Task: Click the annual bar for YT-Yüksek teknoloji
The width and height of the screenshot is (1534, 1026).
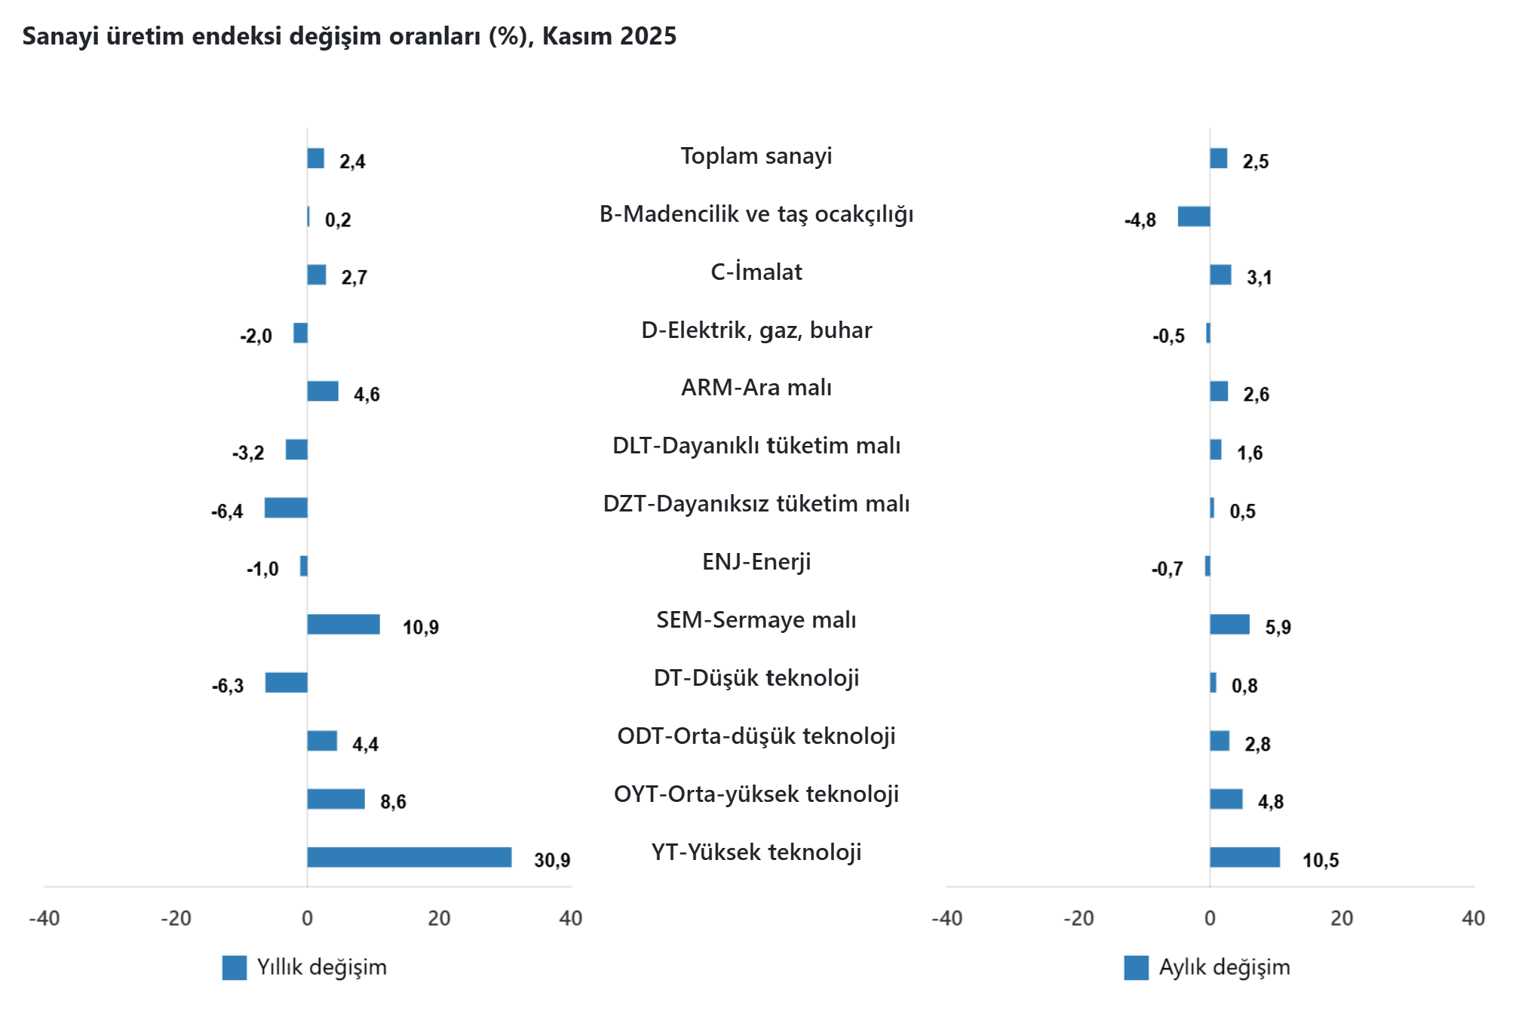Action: [409, 857]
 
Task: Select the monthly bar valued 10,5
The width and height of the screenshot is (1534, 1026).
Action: [1244, 857]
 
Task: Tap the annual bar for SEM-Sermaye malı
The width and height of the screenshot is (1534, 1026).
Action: [343, 625]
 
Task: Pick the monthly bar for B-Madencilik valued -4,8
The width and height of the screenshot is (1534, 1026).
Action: [1194, 217]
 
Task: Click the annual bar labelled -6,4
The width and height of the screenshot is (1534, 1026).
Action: [286, 508]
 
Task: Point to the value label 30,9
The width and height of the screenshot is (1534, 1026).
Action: [552, 860]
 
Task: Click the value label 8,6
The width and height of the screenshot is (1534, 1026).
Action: [393, 801]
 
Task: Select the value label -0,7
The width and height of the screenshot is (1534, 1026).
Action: [1167, 569]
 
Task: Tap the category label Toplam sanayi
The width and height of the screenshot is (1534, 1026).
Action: [756, 156]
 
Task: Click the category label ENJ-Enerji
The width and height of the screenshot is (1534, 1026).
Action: [756, 562]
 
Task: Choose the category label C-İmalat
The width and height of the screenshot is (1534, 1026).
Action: [756, 272]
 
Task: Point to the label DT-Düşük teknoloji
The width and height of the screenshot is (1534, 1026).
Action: [756, 678]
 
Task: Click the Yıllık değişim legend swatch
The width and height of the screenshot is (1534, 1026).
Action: [234, 968]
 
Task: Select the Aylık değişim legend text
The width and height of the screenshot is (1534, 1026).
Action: [1224, 967]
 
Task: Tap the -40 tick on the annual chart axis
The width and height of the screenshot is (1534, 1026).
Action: [44, 918]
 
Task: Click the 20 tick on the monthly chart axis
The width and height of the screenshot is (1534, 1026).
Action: [1342, 918]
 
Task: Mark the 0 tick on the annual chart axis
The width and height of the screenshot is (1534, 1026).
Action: [307, 918]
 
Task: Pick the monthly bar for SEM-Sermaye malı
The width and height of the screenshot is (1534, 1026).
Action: [1229, 625]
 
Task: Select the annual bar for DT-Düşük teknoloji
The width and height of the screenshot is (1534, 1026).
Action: [287, 683]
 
